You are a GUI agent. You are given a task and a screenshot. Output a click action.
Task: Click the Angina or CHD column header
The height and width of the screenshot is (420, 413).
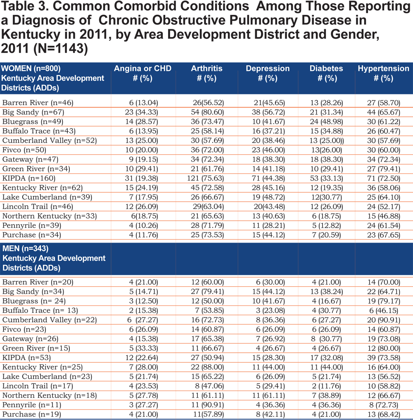coord(142,73)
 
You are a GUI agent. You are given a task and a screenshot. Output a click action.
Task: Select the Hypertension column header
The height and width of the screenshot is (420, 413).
coord(384,73)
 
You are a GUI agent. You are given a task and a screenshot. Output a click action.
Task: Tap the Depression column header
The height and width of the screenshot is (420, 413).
coord(268,73)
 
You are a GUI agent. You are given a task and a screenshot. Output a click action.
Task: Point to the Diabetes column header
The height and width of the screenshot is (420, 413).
coord(326,73)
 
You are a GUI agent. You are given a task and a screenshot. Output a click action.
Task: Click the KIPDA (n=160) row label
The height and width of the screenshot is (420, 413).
coord(28,178)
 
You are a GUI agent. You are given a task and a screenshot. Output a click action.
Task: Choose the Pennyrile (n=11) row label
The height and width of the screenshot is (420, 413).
coord(32,405)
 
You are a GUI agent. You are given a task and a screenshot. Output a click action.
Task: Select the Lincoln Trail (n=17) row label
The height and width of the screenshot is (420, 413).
coord(38,386)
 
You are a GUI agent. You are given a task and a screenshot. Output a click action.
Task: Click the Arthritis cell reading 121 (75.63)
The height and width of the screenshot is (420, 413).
coord(205,178)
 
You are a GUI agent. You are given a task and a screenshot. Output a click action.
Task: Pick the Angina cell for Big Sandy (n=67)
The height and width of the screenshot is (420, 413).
coord(141,112)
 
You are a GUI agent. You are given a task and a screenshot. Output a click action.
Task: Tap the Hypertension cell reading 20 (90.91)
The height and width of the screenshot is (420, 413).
coord(384,320)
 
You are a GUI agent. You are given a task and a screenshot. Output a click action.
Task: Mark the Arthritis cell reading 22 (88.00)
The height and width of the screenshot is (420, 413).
coord(207,367)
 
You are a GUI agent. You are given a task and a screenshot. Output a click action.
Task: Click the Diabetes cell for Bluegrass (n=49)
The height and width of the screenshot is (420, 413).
coord(326,122)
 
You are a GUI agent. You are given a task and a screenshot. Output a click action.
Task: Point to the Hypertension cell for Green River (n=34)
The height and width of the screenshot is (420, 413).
coord(384,169)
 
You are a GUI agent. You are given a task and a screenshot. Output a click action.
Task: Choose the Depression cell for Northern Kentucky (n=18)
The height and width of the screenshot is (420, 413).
coord(268,395)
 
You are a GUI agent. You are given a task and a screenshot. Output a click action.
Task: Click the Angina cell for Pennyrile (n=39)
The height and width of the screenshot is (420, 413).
coord(143,226)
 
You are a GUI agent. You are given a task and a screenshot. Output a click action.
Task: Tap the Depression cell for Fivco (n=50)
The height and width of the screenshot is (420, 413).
coord(268,150)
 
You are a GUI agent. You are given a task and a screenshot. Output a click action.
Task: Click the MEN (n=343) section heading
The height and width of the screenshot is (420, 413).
coord(26,248)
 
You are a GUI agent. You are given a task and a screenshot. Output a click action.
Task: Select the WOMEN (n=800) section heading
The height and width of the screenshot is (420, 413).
coord(31,68)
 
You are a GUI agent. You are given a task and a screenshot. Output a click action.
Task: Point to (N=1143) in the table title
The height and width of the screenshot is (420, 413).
coord(61,49)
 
